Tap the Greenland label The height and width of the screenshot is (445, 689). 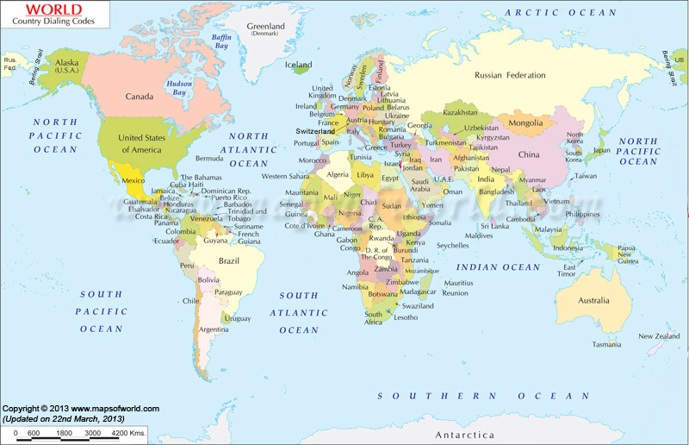(x=265, y=27)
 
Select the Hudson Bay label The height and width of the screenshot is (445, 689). (x=179, y=87)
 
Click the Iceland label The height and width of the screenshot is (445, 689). (x=299, y=65)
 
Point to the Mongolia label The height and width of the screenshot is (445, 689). (x=526, y=122)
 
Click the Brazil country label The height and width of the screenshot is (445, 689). (x=228, y=260)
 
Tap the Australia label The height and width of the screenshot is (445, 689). (x=593, y=301)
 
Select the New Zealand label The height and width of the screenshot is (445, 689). (x=658, y=336)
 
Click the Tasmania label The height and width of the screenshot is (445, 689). (x=606, y=344)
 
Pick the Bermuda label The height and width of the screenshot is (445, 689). (x=209, y=159)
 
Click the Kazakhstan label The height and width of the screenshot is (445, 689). (x=460, y=113)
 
